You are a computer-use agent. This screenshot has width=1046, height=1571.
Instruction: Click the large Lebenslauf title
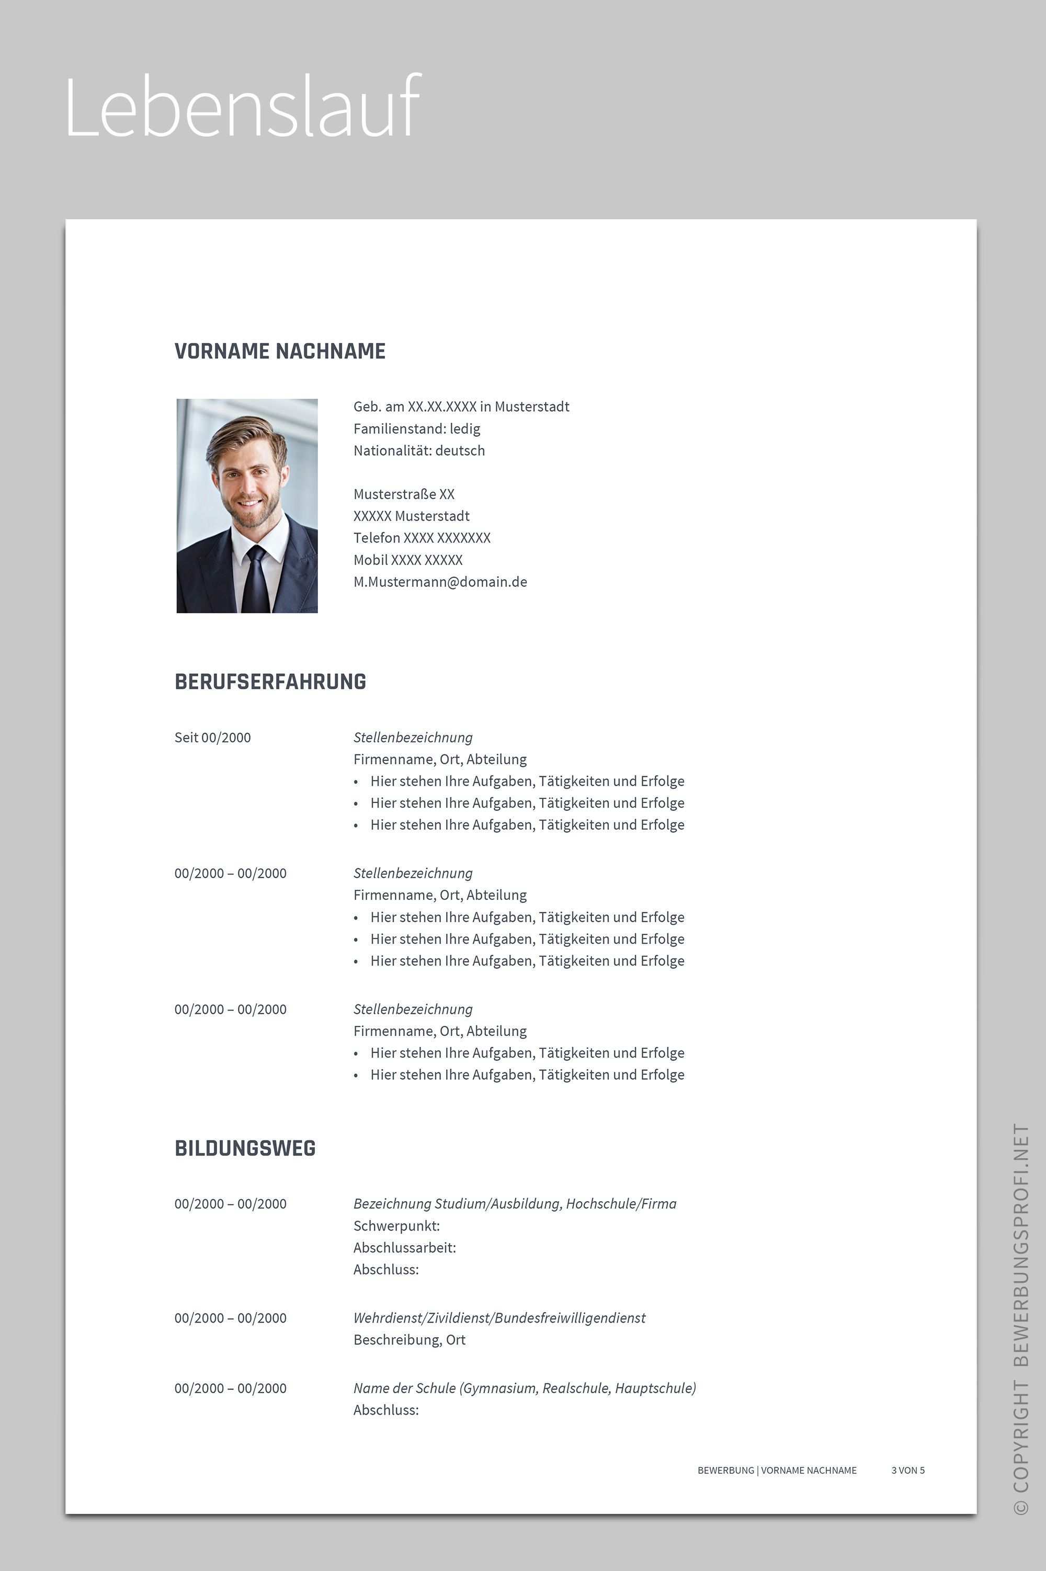243,107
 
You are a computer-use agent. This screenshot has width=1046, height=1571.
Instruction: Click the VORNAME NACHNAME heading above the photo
279,351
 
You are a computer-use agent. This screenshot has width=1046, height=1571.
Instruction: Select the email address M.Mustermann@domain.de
440,582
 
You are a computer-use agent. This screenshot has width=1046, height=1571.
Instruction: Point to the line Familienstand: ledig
416,428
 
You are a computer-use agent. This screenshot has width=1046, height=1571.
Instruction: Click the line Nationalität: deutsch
419,450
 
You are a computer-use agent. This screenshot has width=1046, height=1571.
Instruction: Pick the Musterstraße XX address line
404,494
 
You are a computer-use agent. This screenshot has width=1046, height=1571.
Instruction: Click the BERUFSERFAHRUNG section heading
270,682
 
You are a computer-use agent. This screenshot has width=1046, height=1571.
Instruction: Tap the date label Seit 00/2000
212,737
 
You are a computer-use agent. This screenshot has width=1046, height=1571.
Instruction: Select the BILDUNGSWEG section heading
245,1148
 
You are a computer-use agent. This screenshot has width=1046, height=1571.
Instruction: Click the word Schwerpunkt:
396,1225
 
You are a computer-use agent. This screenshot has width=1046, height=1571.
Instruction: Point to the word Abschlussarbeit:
404,1248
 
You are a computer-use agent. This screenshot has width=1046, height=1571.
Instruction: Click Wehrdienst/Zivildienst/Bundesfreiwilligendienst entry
499,1317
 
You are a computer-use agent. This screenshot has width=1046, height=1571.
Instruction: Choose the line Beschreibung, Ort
409,1340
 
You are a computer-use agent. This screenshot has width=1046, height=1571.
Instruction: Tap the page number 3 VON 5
907,1470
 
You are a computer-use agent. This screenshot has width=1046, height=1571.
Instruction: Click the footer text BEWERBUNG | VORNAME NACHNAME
777,1470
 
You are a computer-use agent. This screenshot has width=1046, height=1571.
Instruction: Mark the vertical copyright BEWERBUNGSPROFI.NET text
1021,1321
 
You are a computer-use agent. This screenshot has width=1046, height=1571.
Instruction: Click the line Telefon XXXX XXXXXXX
422,538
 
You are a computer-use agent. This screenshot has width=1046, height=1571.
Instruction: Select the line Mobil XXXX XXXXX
407,560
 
